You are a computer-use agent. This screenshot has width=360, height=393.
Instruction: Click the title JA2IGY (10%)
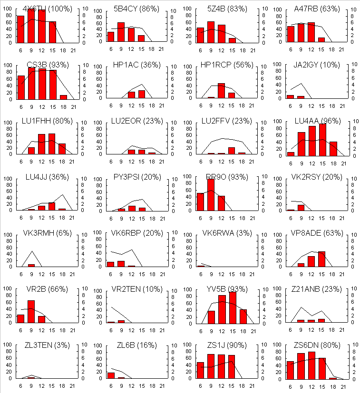click(x=310, y=65)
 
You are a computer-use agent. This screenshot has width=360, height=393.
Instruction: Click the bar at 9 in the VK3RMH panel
click(x=31, y=265)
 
